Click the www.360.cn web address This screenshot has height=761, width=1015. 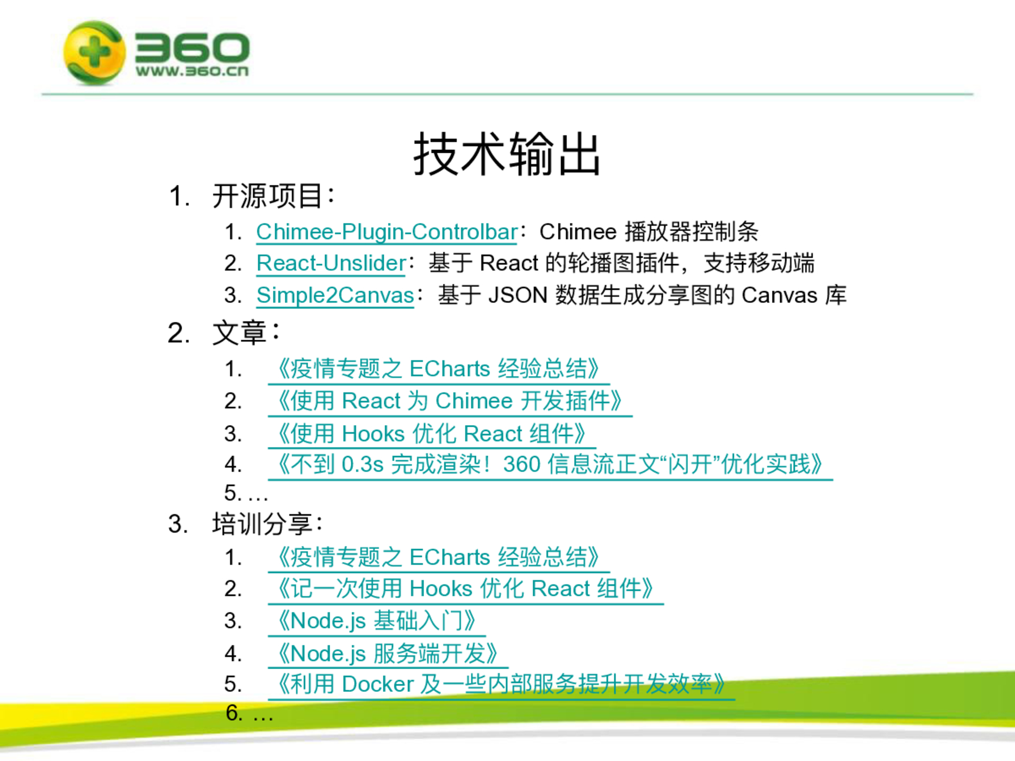(x=192, y=71)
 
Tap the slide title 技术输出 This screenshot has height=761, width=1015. (x=507, y=154)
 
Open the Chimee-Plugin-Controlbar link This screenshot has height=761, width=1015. (x=387, y=232)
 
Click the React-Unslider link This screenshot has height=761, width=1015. (x=331, y=264)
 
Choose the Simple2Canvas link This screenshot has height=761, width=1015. (x=335, y=295)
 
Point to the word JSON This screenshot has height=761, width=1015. (x=518, y=295)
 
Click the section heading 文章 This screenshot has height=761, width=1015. (x=239, y=333)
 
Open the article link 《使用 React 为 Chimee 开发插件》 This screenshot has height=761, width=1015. (x=450, y=401)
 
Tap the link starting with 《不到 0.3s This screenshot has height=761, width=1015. (x=550, y=465)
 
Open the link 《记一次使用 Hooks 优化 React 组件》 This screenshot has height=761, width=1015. (x=465, y=589)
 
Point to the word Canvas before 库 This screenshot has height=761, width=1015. (x=779, y=295)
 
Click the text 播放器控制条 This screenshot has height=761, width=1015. (x=692, y=232)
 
